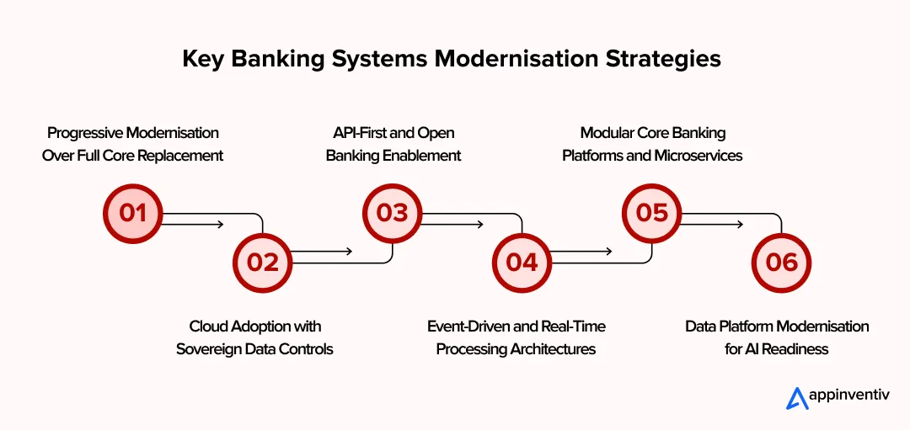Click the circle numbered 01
tap(132, 213)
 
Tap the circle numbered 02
tap(262, 262)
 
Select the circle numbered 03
tap(392, 213)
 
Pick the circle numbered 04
tap(522, 262)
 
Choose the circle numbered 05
tap(651, 213)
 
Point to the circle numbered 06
tap(781, 262)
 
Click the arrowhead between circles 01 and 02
tap(219, 224)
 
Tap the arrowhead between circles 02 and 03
tap(348, 251)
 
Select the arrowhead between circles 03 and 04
tap(479, 224)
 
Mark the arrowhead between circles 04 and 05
tap(608, 251)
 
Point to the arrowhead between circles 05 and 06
tap(738, 224)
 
